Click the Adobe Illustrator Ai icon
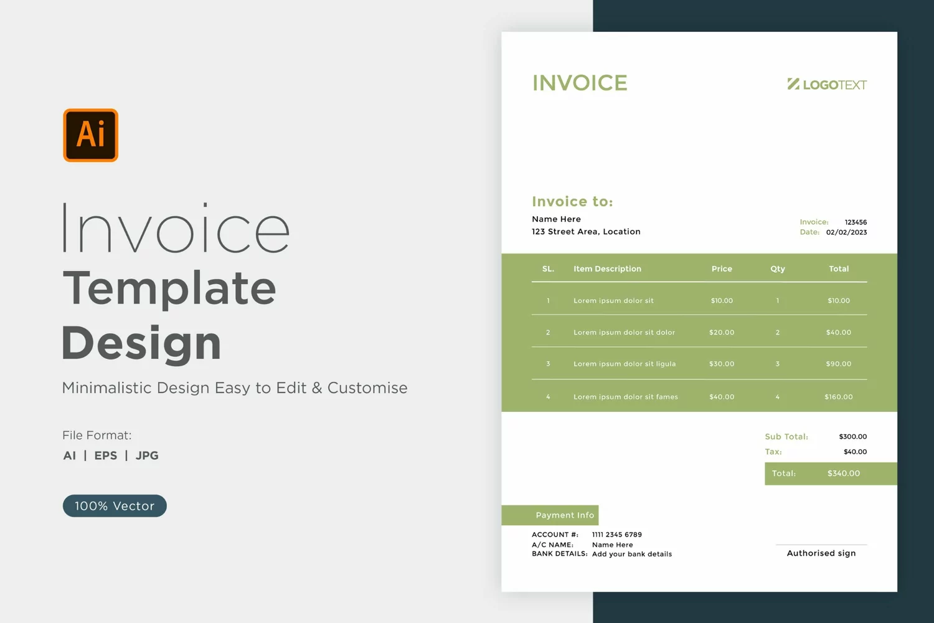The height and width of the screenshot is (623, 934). (90, 135)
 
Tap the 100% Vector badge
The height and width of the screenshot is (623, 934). (115, 506)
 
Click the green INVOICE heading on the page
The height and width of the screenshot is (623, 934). (580, 83)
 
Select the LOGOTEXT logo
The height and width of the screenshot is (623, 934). (827, 84)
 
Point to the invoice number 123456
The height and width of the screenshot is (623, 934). (856, 222)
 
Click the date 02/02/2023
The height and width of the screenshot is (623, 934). (846, 232)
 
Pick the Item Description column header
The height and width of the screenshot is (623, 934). (607, 269)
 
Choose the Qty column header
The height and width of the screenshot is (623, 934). (778, 269)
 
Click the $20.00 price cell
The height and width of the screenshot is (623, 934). (722, 332)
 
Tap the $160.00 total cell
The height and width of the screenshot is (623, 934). (839, 397)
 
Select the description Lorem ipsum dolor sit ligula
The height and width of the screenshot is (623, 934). (625, 364)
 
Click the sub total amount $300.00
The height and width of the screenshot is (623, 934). (852, 437)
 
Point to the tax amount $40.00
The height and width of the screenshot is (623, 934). (855, 452)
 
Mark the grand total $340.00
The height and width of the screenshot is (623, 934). (844, 473)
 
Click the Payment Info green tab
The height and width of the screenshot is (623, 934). (550, 515)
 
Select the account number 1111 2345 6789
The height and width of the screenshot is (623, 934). (616, 535)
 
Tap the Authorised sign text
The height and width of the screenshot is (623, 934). (821, 553)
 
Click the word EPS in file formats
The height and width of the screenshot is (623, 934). (105, 455)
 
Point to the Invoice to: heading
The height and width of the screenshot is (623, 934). (572, 202)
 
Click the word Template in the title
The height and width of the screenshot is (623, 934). (169, 288)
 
